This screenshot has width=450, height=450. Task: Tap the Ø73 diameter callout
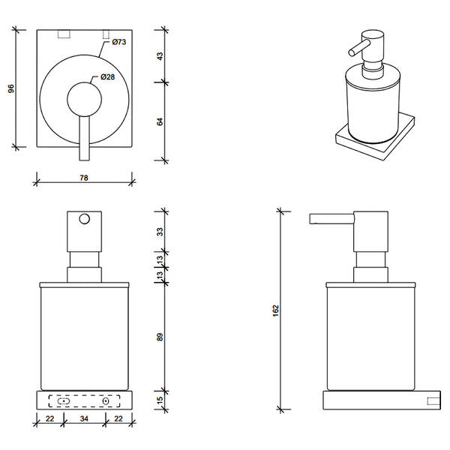pyautogui.click(x=118, y=42)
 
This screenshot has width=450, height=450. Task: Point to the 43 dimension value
pyautogui.click(x=159, y=56)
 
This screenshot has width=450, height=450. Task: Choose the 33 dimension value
pyautogui.click(x=159, y=232)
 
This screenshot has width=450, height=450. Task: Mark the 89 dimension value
pyautogui.click(x=159, y=337)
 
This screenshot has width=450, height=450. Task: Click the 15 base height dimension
pyautogui.click(x=159, y=400)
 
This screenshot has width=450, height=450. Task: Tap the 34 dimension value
pyautogui.click(x=84, y=418)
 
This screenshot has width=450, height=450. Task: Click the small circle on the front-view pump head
pyautogui.click(x=85, y=219)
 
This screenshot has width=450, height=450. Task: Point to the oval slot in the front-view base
pyautogui.click(x=64, y=400)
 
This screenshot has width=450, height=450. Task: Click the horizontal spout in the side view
pyautogui.click(x=330, y=218)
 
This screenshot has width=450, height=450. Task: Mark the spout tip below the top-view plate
pyautogui.click(x=84, y=153)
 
